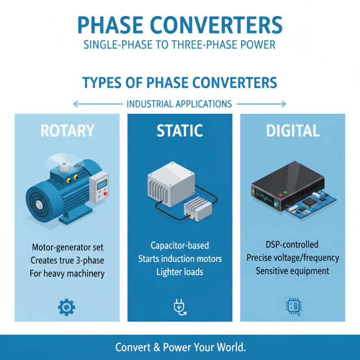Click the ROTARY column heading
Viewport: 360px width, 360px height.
67,130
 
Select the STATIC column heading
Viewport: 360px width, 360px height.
180,130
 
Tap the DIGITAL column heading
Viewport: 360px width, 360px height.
292,130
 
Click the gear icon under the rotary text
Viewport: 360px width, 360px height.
67,307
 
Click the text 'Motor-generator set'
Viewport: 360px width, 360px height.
67,247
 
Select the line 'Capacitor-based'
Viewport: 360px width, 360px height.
180,246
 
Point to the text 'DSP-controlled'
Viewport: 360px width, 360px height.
292,245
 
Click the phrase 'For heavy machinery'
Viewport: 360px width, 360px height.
67,273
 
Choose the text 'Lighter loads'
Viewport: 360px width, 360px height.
180,272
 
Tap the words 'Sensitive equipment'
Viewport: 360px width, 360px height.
292,271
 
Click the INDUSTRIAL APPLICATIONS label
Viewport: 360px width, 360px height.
179,104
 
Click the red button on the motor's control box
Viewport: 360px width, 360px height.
106,194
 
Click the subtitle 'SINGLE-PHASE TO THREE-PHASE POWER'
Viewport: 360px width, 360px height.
180,45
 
